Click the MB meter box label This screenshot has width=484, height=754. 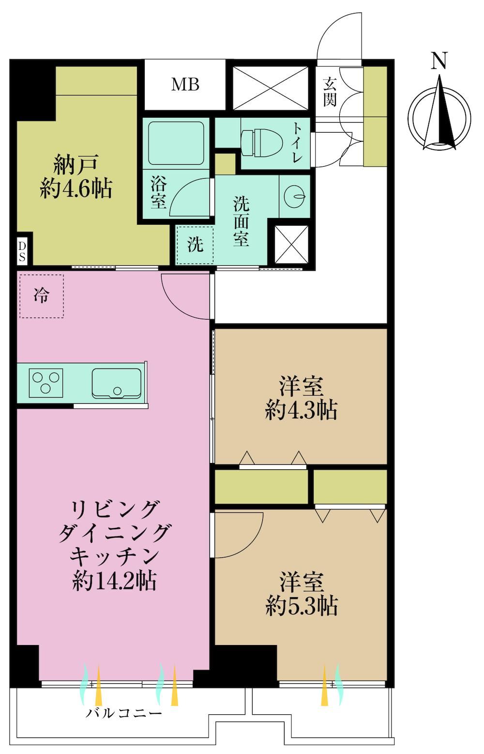(x=185, y=84)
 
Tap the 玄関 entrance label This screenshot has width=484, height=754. (x=330, y=92)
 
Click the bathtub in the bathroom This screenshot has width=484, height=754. (x=176, y=143)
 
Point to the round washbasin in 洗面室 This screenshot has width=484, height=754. (x=295, y=196)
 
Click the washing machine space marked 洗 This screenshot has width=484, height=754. (x=195, y=245)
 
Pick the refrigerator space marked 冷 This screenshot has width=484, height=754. (x=42, y=296)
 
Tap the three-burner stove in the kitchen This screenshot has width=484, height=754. (x=46, y=383)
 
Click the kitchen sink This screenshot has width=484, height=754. (x=116, y=384)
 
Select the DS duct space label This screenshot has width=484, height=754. (x=22, y=252)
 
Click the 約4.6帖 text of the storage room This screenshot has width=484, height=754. (x=76, y=189)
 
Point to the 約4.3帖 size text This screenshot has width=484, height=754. (x=301, y=410)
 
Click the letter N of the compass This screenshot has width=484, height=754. (x=439, y=61)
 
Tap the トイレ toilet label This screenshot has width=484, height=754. (x=296, y=143)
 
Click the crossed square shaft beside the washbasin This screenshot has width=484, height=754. (x=291, y=244)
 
